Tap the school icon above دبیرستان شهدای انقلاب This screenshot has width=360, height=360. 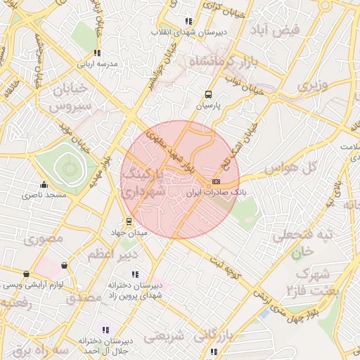point(187,22)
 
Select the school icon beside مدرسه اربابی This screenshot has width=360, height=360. point(97,53)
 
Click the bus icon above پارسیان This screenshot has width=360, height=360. point(208,94)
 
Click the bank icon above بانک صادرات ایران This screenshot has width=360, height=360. point(215,181)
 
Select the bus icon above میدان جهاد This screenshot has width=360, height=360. point(127,221)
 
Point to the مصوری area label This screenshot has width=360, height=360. point(44,239)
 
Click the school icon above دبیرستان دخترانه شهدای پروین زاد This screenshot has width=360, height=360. point(135,274)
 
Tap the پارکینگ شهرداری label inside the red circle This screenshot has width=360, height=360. point(159,181)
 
